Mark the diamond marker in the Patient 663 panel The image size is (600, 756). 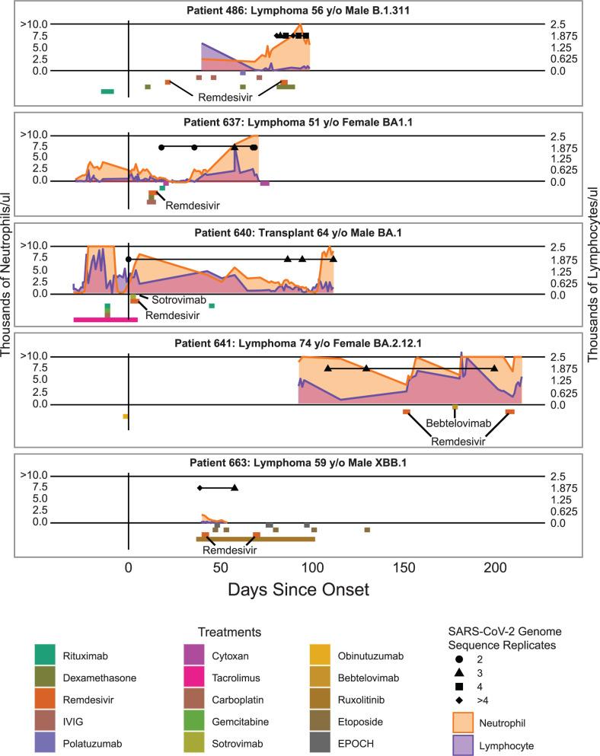pos(200,488)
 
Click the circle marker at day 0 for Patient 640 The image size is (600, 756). pos(129,260)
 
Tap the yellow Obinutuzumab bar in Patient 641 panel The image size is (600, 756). pos(126,416)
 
